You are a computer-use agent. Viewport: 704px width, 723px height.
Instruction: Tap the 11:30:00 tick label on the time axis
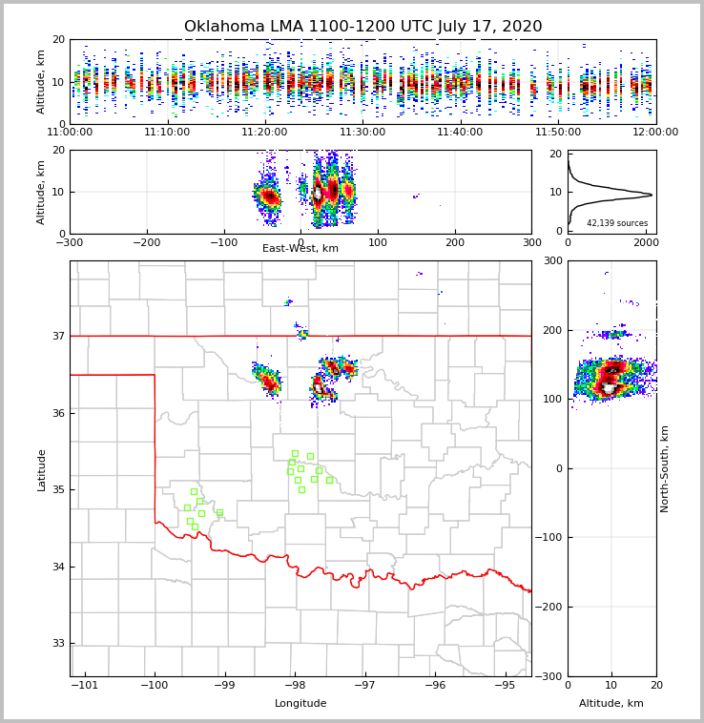click(362, 133)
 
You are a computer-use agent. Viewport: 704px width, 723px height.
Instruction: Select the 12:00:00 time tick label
click(655, 133)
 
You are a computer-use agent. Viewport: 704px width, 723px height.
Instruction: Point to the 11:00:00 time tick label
click(70, 133)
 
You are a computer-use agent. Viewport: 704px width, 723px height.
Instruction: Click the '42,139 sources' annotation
click(617, 223)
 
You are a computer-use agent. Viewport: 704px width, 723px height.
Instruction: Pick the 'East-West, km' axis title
click(300, 249)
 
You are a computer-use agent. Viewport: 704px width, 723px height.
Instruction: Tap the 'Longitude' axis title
click(300, 704)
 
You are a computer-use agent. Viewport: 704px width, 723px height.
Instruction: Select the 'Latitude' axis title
click(41, 469)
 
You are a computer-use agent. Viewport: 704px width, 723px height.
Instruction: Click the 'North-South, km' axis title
click(665, 469)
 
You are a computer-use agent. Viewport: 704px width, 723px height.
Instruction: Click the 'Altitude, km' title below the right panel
click(611, 704)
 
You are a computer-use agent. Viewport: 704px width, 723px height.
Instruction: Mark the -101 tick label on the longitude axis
click(85, 686)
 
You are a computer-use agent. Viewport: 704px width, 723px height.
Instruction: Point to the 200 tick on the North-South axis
click(551, 330)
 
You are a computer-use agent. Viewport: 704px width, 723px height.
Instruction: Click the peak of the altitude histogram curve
click(652, 195)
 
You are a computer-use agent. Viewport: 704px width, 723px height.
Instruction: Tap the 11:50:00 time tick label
click(558, 133)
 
